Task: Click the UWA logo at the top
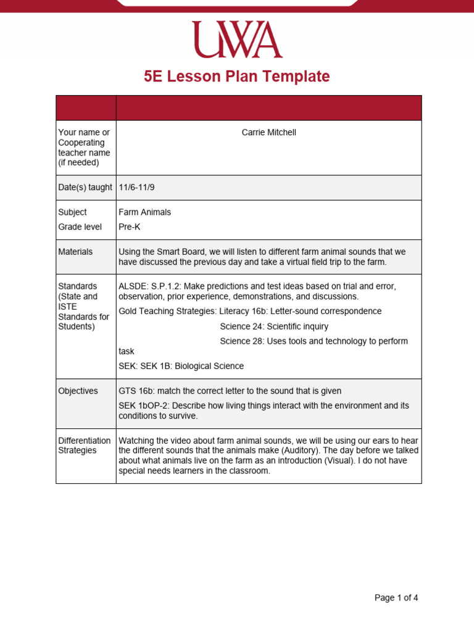click(x=237, y=39)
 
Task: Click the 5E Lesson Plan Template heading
click(x=237, y=77)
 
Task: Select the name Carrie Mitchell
click(x=268, y=133)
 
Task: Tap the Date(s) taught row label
click(x=85, y=188)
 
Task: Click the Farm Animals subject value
click(x=145, y=212)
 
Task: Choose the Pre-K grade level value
click(x=130, y=227)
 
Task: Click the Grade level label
click(x=80, y=227)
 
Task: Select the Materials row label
click(x=75, y=252)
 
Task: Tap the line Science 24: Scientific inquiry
click(x=274, y=326)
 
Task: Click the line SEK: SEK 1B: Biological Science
click(x=181, y=366)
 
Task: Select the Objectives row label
click(x=78, y=391)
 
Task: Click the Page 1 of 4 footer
click(x=396, y=597)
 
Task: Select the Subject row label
click(x=72, y=212)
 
